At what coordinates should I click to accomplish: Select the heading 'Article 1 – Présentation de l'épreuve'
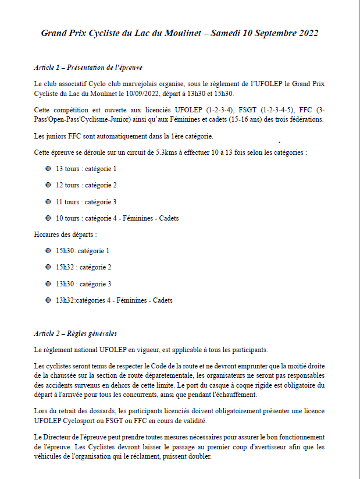coord(88,67)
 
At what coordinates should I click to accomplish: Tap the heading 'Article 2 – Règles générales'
coord(76,333)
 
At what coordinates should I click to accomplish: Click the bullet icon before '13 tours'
coord(48,169)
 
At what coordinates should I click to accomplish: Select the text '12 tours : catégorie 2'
coord(86,185)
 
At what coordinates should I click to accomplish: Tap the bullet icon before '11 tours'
coord(48,202)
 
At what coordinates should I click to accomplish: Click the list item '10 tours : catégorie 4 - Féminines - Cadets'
coord(117,218)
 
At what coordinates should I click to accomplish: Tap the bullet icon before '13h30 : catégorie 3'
coord(48,284)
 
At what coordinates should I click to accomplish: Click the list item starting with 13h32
coord(114,300)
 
